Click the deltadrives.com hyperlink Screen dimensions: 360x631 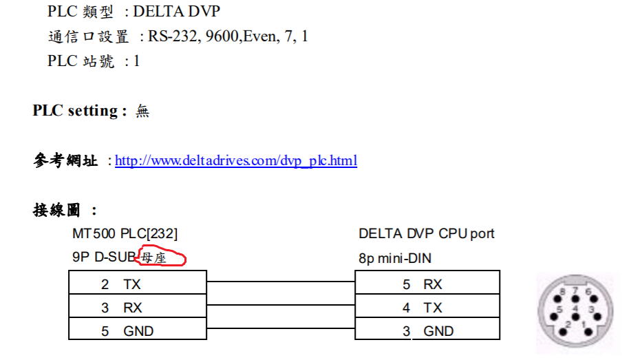(x=236, y=161)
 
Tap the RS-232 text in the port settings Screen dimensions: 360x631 (x=173, y=36)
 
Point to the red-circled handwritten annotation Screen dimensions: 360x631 (x=162, y=258)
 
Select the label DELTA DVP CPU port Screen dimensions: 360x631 (x=427, y=234)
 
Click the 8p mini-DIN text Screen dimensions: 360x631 (x=395, y=259)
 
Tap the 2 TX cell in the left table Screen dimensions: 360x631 (x=137, y=284)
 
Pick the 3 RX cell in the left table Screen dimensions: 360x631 (x=137, y=308)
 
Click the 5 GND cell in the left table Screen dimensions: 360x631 (x=137, y=331)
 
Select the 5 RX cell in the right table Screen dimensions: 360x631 (x=427, y=284)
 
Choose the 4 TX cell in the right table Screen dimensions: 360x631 (x=427, y=308)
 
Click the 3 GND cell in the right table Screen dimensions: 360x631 (x=427, y=331)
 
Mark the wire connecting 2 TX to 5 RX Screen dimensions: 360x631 (x=281, y=282)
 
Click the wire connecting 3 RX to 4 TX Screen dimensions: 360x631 (x=281, y=306)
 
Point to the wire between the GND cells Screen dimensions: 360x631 (x=281, y=330)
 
